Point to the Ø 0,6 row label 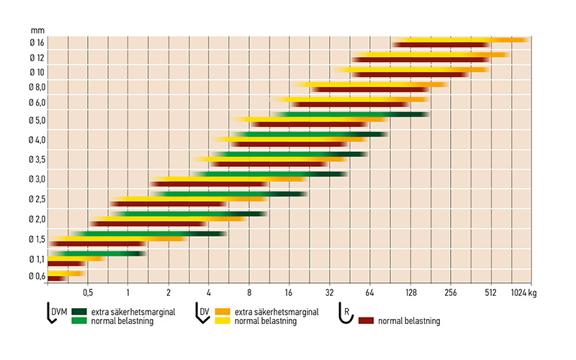pos(36,276)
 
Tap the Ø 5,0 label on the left pos(36,120)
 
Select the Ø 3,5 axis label pos(36,159)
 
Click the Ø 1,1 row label pos(36,258)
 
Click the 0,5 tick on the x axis pos(88,293)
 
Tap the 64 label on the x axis pos(369,293)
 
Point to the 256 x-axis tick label pos(449,293)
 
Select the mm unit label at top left pos(37,30)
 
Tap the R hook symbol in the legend pos(346,315)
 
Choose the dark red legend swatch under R pos(366,320)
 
